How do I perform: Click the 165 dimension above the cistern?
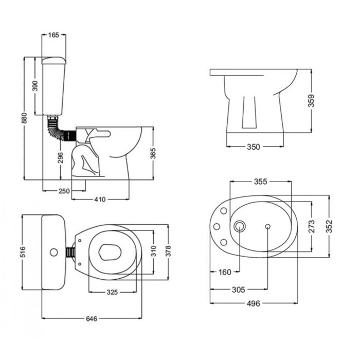[x=53, y=35]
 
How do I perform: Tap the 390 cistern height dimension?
[x=35, y=86]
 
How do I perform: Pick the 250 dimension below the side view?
[x=64, y=191]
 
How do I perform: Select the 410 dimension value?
[x=100, y=199]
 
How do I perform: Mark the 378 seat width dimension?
[x=168, y=251]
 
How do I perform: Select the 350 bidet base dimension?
[x=253, y=147]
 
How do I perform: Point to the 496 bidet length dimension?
[x=253, y=303]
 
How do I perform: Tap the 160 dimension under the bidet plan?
[x=225, y=272]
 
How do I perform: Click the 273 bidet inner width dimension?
[x=311, y=226]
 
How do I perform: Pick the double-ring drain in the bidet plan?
[x=239, y=226]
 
